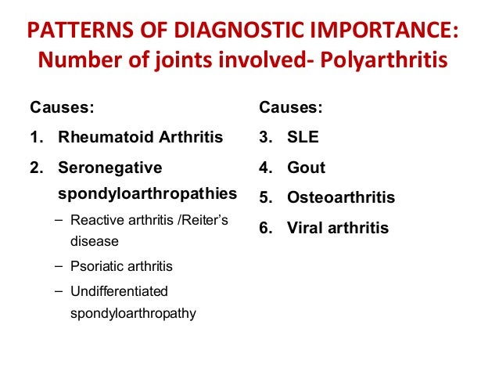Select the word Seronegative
(x=110, y=168)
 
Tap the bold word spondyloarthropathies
(x=148, y=192)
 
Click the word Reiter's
(x=205, y=220)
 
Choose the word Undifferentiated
(x=119, y=291)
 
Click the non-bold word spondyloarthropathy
(x=133, y=314)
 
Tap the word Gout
(x=306, y=168)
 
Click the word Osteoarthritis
(x=341, y=198)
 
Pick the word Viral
(x=306, y=228)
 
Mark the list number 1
(x=35, y=137)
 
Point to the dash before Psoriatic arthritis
(x=59, y=266)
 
